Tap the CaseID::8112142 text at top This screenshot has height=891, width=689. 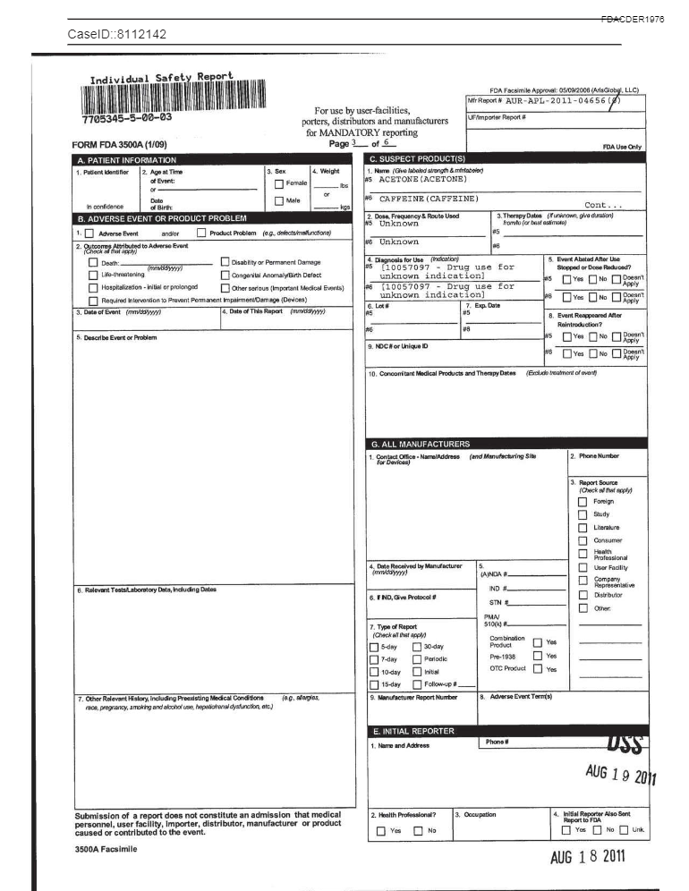pyautogui.click(x=117, y=35)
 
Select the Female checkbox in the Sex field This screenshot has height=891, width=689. pyautogui.click(x=279, y=183)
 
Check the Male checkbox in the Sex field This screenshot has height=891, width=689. pyautogui.click(x=279, y=201)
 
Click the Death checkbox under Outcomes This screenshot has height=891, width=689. pyautogui.click(x=93, y=263)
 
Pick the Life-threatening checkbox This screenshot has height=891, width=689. pyautogui.click(x=93, y=276)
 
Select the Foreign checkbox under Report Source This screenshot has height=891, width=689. pyautogui.click(x=583, y=501)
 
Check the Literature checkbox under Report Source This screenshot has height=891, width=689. pyautogui.click(x=583, y=527)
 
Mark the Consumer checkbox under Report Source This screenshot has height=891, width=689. pyautogui.click(x=583, y=540)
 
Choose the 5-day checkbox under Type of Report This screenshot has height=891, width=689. pyautogui.click(x=375, y=647)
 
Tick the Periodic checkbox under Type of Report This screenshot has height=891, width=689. pyautogui.click(x=418, y=659)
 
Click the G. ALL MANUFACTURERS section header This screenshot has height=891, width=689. pyautogui.click(x=421, y=444)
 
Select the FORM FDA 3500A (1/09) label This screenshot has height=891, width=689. pyautogui.click(x=119, y=144)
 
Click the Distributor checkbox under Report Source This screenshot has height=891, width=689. pyautogui.click(x=583, y=594)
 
